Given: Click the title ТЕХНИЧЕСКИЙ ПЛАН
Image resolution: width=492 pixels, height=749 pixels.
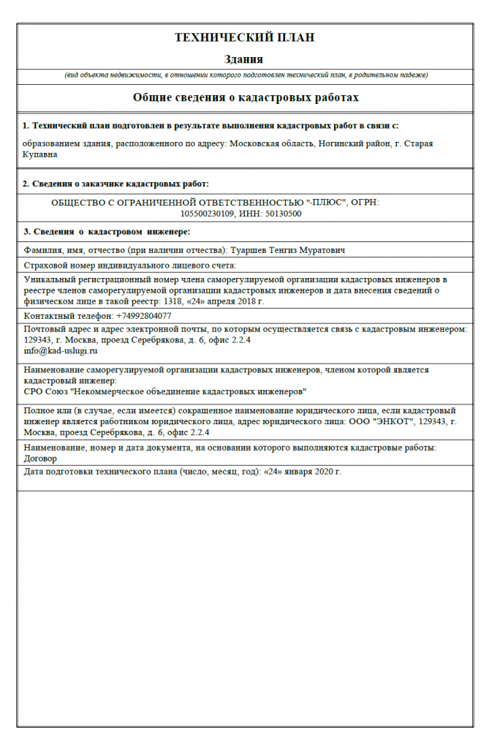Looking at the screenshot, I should point(244,37).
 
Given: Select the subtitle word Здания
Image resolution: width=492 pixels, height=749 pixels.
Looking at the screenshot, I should point(244,59).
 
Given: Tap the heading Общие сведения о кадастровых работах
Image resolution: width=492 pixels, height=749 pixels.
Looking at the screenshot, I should point(245,97).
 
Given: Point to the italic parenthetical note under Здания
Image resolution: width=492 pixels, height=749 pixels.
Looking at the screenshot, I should point(245,75).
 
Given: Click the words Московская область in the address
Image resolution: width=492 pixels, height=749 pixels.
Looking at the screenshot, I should point(264,144).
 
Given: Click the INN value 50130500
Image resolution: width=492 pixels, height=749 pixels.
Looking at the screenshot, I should point(281,214).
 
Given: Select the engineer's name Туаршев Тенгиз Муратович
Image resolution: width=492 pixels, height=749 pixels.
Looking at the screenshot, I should point(288,250).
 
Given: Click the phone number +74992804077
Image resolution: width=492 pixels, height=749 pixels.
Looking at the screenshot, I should point(144,316).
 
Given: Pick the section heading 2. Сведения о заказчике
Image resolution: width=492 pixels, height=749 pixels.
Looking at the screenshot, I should point(116,184).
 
